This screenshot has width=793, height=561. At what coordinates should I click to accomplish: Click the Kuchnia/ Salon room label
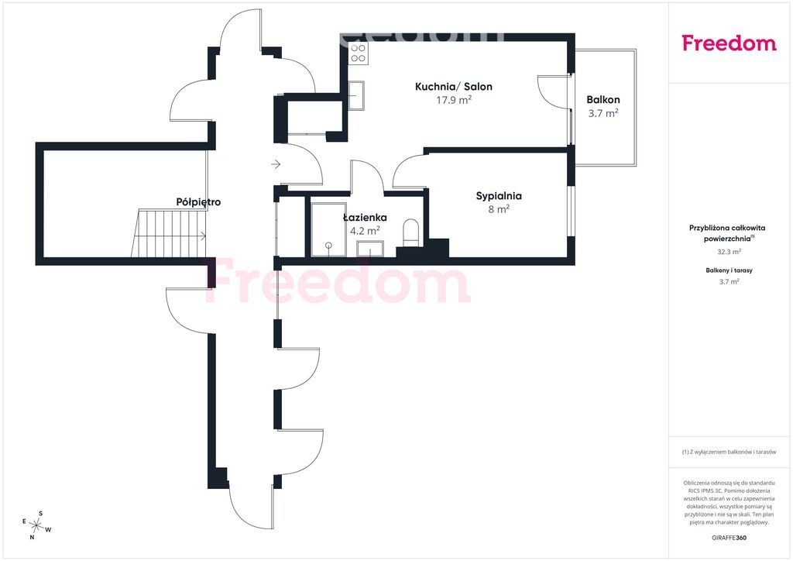[454, 87]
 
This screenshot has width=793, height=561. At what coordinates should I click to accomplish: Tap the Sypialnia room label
[499, 196]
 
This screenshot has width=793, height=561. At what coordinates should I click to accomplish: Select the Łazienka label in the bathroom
[366, 218]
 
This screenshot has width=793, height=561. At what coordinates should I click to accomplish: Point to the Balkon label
[603, 100]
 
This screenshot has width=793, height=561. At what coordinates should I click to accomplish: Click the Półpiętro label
[198, 202]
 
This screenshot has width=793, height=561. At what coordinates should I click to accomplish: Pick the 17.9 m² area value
[454, 100]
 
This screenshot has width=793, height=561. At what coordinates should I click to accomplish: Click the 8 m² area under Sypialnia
[499, 209]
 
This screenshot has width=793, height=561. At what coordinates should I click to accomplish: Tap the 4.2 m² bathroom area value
[366, 231]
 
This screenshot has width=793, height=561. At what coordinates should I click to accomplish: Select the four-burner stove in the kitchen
[359, 53]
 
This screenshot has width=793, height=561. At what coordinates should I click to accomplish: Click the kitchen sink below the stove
[356, 95]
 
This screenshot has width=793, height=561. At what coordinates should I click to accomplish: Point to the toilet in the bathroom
[410, 232]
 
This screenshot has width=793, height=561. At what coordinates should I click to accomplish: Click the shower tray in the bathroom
[328, 229]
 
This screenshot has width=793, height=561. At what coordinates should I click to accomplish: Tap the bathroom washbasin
[370, 249]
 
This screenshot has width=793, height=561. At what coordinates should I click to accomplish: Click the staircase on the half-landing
[169, 234]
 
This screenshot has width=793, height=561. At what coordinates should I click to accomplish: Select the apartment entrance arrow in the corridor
[276, 164]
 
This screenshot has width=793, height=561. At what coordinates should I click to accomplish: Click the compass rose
[36, 525]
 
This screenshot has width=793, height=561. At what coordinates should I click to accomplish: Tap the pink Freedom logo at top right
[729, 43]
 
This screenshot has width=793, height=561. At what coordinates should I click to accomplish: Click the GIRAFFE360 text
[728, 538]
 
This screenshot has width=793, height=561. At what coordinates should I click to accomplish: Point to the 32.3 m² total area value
[729, 251]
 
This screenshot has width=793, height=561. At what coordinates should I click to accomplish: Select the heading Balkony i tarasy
[729, 270]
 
